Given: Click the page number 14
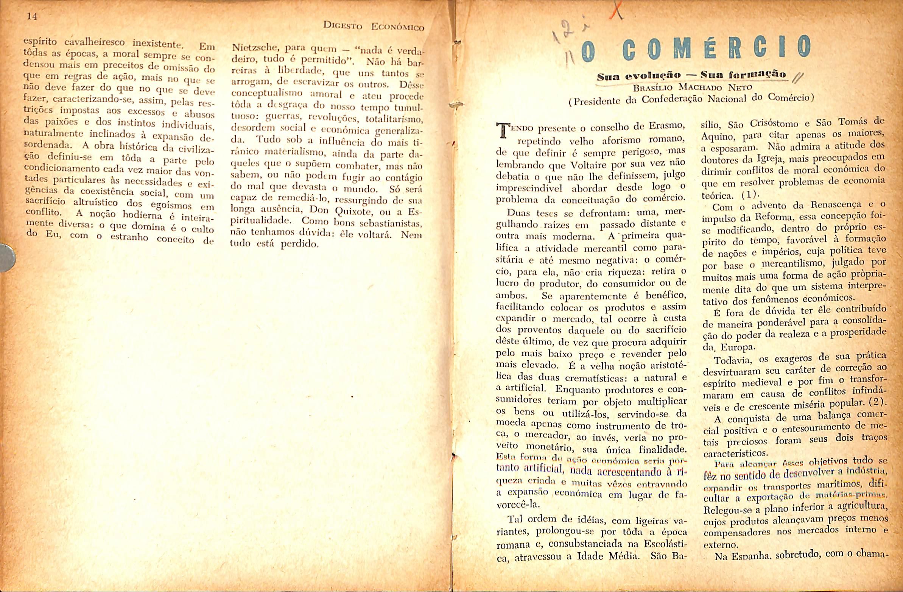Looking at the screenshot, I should tap(32, 17).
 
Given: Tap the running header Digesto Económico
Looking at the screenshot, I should tap(373, 26).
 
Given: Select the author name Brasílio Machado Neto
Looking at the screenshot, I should tap(693, 87).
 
